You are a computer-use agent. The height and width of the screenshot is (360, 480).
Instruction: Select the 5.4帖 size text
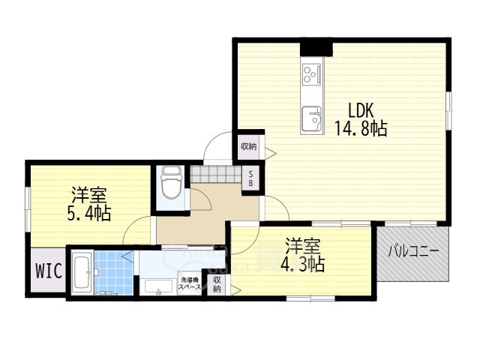point(88,214)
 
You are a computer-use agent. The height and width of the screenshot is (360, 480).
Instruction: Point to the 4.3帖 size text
point(303,264)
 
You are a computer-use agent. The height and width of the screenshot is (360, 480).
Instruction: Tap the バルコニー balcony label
point(412,252)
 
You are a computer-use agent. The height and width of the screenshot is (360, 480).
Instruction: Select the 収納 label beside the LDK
point(248,147)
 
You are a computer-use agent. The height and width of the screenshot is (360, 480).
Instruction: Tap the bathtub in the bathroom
point(82,273)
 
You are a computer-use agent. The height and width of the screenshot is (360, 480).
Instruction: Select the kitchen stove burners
point(310,73)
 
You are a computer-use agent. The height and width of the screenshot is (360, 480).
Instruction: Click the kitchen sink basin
point(310,118)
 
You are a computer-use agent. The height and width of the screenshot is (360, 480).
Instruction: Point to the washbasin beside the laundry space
point(157,288)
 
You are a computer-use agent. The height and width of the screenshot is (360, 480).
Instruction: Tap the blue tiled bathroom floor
point(112,273)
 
